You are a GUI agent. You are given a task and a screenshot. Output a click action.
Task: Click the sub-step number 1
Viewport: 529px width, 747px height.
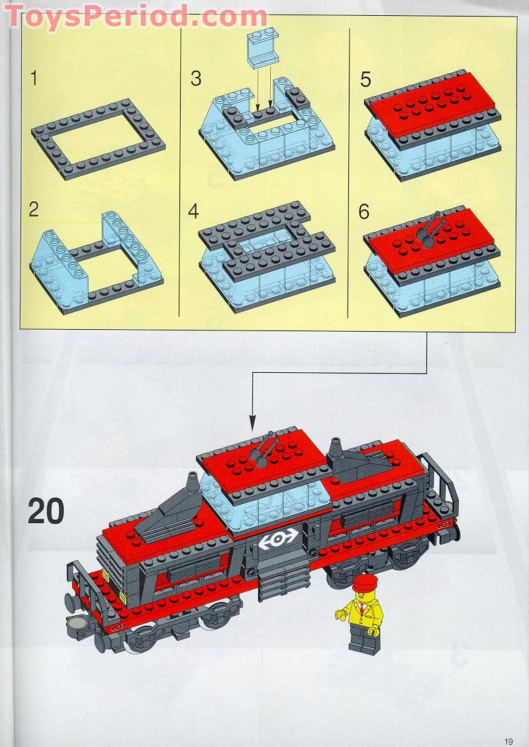point(34,78)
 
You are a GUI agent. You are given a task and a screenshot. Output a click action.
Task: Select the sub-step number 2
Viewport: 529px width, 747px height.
point(34,209)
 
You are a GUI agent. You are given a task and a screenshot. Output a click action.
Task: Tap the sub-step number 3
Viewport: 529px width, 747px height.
point(196,79)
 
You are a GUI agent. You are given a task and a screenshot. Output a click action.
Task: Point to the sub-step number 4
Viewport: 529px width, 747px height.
point(193,211)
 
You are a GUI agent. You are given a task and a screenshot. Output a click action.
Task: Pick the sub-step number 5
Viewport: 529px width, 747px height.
point(365,79)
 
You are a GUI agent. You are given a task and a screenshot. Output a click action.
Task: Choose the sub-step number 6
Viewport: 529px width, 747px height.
point(364,211)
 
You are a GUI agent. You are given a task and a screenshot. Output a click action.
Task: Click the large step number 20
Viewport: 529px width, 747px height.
point(46,511)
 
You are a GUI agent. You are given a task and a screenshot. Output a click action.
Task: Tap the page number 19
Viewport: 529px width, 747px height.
point(508,741)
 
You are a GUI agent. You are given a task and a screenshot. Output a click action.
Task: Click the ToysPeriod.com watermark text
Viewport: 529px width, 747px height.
point(136,16)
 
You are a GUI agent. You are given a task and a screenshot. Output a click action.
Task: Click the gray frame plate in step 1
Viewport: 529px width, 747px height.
point(98,139)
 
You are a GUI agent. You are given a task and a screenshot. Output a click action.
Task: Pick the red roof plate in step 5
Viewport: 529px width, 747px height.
point(432,102)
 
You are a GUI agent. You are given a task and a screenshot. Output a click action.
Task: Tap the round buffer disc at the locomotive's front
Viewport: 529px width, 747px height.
point(75,622)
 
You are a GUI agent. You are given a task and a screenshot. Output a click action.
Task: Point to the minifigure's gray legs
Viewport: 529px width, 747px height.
point(362,639)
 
